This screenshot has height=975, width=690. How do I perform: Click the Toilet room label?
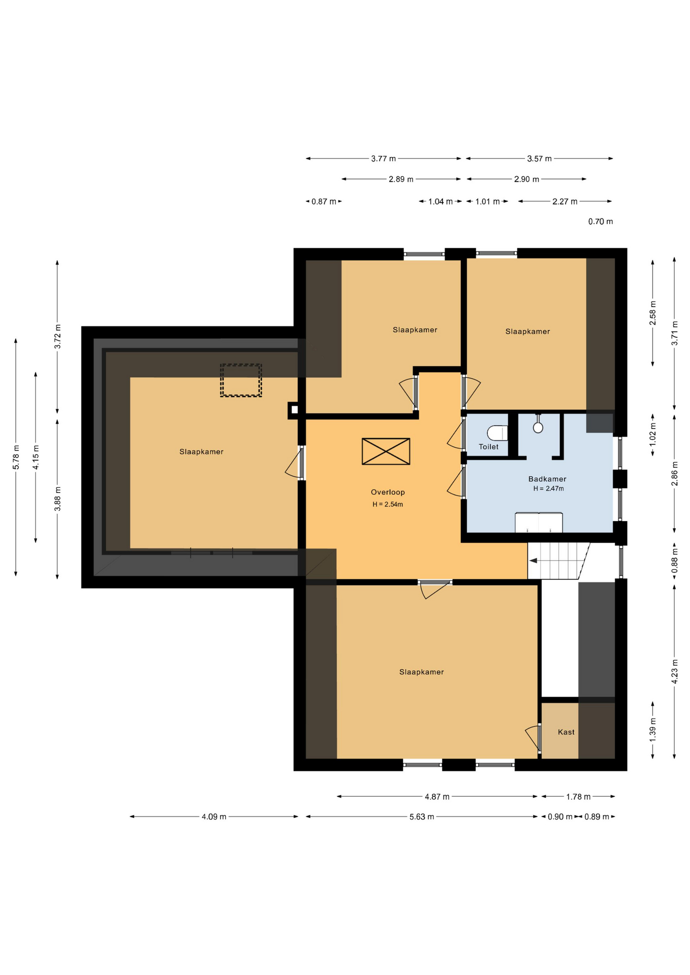(488, 447)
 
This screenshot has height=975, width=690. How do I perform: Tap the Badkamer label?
(547, 479)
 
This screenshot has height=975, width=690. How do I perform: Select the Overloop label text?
(388, 492)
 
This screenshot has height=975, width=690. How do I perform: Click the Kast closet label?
(566, 732)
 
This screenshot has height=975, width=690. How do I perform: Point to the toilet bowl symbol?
(497, 433)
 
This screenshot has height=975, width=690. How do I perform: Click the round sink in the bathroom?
(538, 427)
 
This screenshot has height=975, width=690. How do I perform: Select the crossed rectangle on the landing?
(386, 451)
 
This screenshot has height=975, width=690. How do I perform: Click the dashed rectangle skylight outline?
(241, 380)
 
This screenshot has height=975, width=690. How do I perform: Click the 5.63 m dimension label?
(422, 817)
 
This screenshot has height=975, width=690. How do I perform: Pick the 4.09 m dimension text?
(214, 817)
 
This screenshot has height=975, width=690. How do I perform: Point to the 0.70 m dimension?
(601, 221)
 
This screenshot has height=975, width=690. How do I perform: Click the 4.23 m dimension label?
(675, 671)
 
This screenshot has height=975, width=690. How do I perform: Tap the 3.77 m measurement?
(383, 158)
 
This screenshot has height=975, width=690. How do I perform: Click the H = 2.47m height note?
(548, 489)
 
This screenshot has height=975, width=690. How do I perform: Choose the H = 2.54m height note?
(388, 504)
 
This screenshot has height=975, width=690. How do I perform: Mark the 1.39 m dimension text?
(653, 730)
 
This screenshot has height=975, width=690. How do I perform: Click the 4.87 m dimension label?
(437, 797)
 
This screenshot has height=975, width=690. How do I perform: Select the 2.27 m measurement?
(565, 202)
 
